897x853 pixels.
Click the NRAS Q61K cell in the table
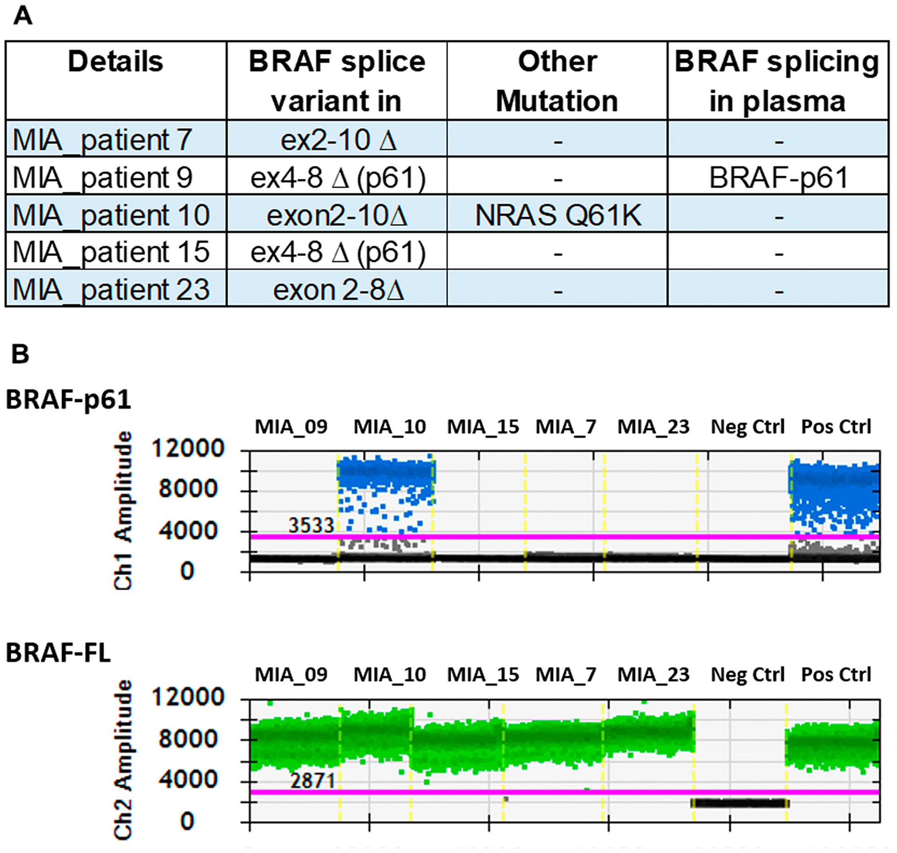tap(557, 215)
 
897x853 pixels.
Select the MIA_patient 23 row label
tap(111, 289)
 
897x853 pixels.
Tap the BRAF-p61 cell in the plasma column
tap(778, 178)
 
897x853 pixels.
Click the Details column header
tap(116, 62)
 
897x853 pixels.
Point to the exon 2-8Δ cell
tap(338, 290)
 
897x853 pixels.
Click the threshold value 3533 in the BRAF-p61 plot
tap(312, 525)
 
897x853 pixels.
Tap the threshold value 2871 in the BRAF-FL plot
tap(313, 781)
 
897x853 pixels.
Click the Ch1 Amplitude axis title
tap(123, 510)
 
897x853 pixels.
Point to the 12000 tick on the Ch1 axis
tap(188, 448)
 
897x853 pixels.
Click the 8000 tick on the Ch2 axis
tap(188, 739)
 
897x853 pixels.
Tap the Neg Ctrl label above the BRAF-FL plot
tap(747, 675)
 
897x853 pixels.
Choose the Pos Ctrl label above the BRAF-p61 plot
tap(836, 427)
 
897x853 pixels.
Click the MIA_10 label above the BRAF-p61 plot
tap(390, 427)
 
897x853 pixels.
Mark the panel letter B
tap(20, 354)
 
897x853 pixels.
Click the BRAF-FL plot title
tap(58, 654)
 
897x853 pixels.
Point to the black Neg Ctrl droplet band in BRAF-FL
tap(740, 803)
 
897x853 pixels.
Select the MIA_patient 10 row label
tap(111, 215)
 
